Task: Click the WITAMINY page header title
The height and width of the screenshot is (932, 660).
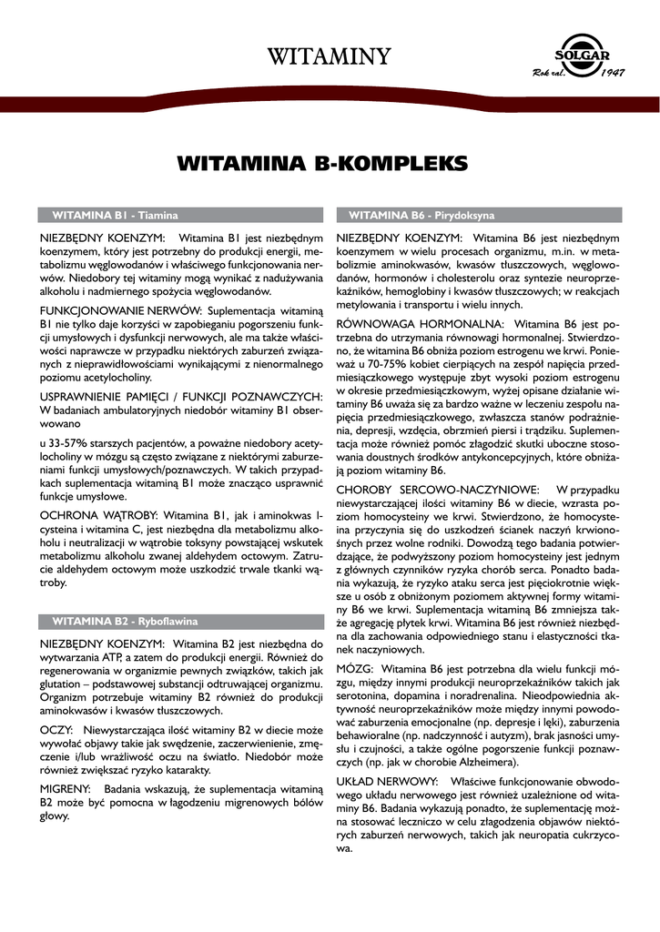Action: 329,56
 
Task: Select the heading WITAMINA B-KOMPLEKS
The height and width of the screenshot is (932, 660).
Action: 323,164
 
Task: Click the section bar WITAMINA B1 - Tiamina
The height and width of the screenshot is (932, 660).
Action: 115,216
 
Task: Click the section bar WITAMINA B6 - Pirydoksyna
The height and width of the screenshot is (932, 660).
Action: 421,216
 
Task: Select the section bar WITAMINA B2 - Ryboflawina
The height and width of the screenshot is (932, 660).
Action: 125,622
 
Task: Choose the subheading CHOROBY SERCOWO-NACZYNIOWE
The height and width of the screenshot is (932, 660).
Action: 437,490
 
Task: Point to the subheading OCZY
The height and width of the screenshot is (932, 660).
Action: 56,731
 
